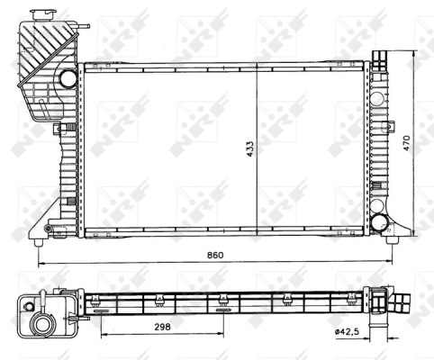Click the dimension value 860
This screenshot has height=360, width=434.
[x=215, y=255]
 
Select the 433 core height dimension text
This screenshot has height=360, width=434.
[x=249, y=148]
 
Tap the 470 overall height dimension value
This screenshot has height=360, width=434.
[x=406, y=143]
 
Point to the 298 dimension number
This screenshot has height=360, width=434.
[x=162, y=327]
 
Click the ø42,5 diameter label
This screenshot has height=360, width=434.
[x=348, y=331]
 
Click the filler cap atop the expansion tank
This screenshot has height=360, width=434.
[x=43, y=15]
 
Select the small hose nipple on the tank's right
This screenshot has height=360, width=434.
[x=84, y=26]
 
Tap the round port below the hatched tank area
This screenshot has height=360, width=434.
[x=68, y=78]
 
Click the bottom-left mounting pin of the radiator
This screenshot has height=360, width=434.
[x=38, y=242]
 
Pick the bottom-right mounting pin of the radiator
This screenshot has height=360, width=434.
[x=392, y=240]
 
